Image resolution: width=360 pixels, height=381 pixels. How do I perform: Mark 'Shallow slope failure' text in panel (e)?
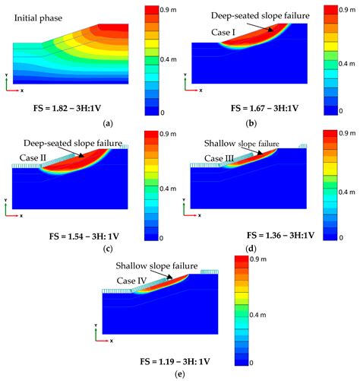[156, 265]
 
